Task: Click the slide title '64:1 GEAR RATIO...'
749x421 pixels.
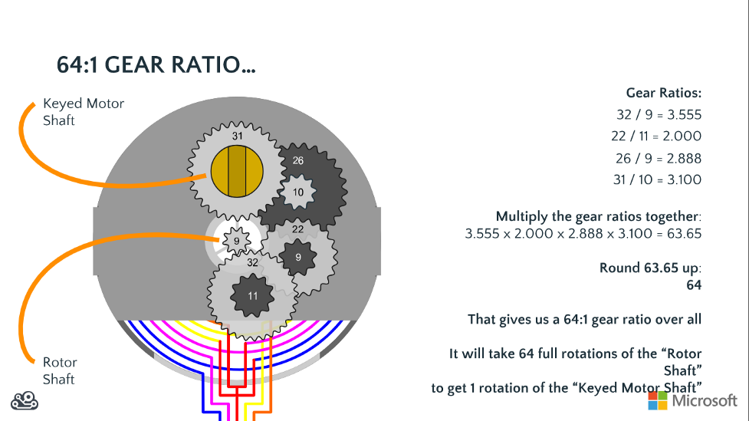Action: [156, 65]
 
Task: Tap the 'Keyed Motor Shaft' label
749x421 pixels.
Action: [83, 112]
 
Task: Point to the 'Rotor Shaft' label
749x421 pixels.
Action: [60, 370]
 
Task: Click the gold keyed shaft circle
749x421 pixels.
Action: [237, 171]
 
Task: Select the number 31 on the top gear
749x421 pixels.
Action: [238, 136]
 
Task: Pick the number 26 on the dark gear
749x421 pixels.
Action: [298, 161]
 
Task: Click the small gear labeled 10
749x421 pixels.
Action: [298, 191]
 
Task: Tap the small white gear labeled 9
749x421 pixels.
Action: [237, 241]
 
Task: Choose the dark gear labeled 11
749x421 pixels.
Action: [253, 294]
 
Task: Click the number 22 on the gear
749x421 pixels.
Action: [298, 229]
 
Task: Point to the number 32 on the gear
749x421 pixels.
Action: [253, 262]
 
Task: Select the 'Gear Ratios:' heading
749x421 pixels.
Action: [663, 94]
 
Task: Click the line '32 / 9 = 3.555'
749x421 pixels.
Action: [659, 115]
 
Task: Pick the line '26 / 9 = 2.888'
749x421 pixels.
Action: [657, 158]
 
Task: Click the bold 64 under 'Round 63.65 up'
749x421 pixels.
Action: [693, 285]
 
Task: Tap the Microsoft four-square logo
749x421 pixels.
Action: [658, 400]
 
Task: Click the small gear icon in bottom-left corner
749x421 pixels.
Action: [25, 400]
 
